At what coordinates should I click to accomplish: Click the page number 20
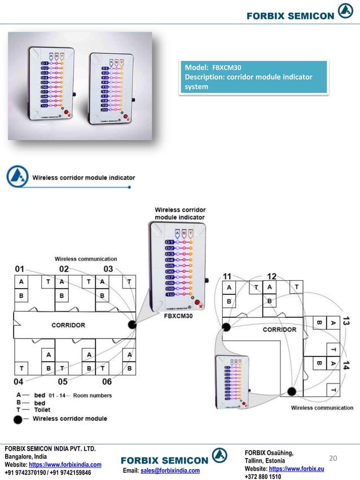click(x=333, y=459)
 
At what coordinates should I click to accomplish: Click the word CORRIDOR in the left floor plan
click(x=68, y=325)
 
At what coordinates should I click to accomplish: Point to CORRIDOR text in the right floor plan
click(x=279, y=329)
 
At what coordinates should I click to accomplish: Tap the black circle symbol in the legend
click(x=19, y=419)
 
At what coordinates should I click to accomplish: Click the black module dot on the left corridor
click(x=133, y=325)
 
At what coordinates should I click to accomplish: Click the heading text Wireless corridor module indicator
click(x=83, y=177)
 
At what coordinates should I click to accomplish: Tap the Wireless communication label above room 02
click(x=86, y=259)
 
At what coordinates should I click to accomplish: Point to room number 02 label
click(x=64, y=268)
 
